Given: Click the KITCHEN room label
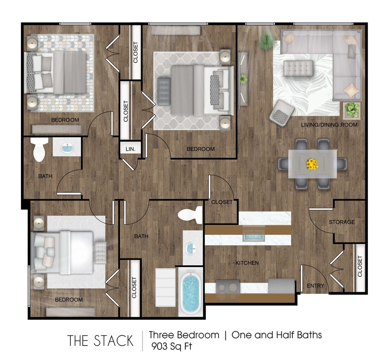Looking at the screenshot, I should pos(247,263).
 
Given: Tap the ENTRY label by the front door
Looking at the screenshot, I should pos(315,286).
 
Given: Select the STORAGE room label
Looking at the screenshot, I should pos(341,222).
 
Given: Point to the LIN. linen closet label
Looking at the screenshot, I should pos(131,149).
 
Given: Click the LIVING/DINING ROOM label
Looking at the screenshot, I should pos(329,125).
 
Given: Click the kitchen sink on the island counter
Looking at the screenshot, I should pos(255,235).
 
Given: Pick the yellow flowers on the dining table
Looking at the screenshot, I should pos(312,164).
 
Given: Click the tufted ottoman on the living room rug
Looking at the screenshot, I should pos(298,67).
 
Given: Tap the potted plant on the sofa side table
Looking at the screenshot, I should pos(352,110).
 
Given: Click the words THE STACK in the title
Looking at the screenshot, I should pos(100,340).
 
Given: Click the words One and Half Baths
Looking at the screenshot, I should pos(277,335).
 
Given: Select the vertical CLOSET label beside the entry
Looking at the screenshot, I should pos(359,266).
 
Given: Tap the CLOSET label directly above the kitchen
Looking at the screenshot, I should pos(222,202).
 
